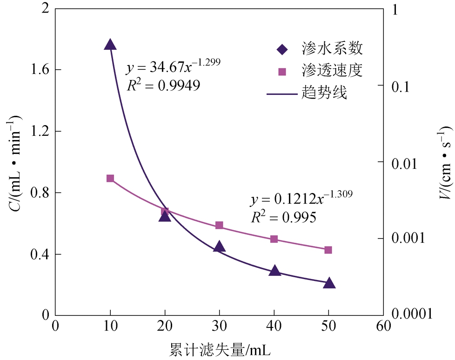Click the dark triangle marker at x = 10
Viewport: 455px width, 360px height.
[110, 45]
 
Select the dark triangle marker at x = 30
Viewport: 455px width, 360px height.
[219, 247]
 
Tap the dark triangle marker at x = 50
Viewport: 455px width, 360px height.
[329, 283]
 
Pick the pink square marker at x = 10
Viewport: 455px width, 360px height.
[110, 179]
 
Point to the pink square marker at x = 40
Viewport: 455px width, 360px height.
[274, 239]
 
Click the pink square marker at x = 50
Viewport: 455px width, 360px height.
[328, 250]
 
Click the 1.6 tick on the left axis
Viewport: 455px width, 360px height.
[39, 70]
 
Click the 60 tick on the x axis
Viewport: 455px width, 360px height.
[383, 326]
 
